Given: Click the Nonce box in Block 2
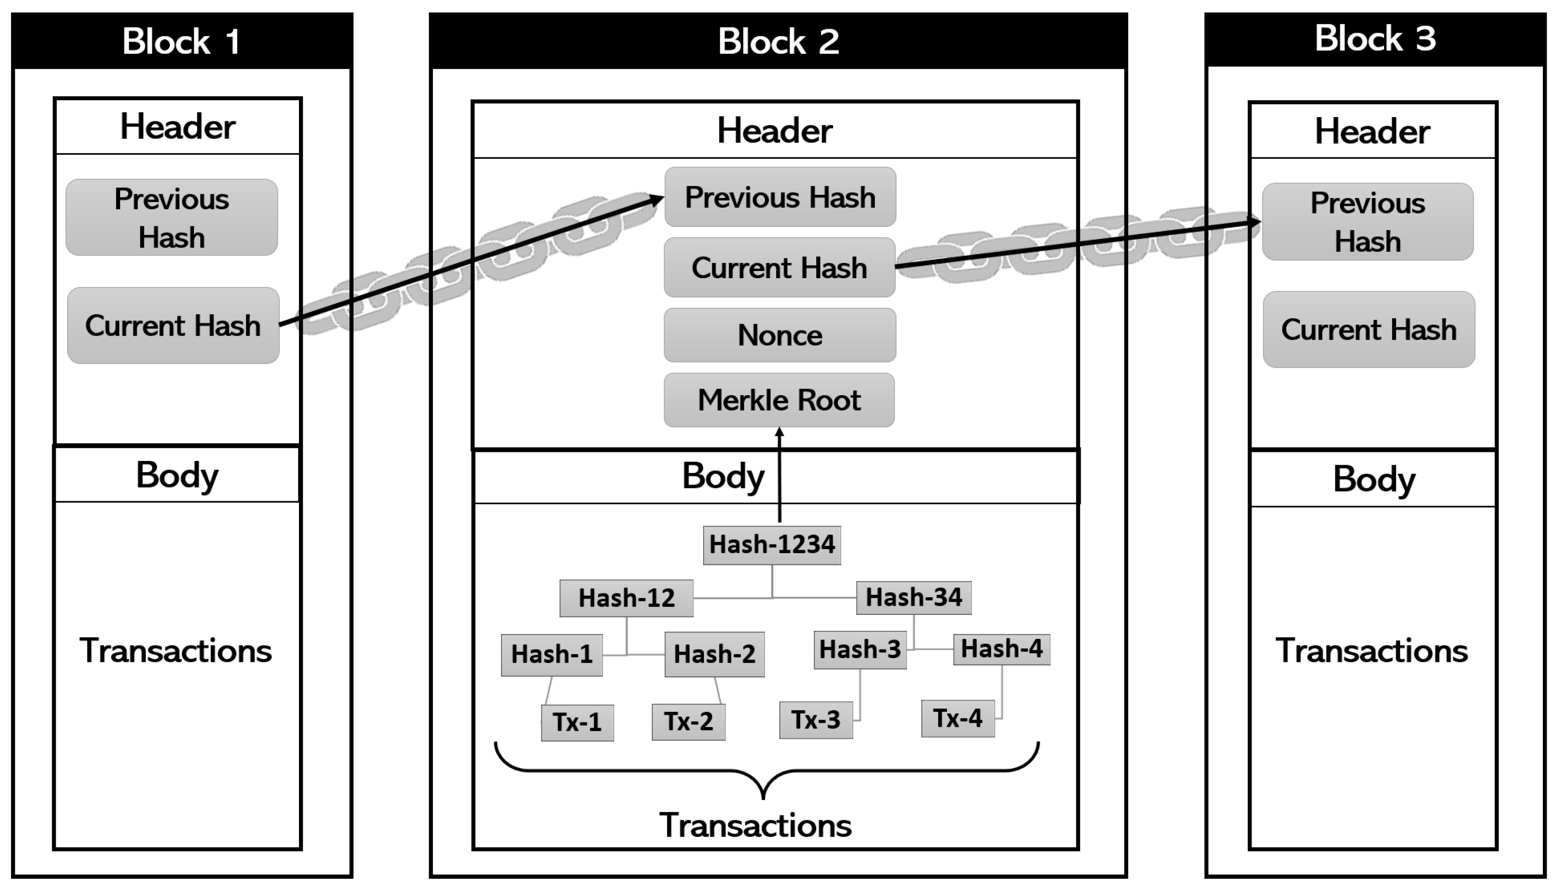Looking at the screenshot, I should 779,335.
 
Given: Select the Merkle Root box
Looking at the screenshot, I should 779,400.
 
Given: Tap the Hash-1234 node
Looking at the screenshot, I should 772,544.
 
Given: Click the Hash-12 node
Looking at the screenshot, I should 626,598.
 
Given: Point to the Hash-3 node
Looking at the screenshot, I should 860,649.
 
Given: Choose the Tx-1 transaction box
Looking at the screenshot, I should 577,722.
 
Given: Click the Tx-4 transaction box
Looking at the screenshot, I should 957,718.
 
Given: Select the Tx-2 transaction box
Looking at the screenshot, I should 688,722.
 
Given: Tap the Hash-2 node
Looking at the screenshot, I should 714,654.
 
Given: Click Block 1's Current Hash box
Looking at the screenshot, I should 173,326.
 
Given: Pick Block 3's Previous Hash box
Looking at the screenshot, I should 1367,222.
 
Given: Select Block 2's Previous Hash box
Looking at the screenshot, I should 780,198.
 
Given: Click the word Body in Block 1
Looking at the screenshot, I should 177,475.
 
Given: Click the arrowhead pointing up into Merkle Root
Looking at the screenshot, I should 779,433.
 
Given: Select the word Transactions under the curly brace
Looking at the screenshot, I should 755,825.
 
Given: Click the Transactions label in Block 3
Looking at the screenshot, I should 1372,651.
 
